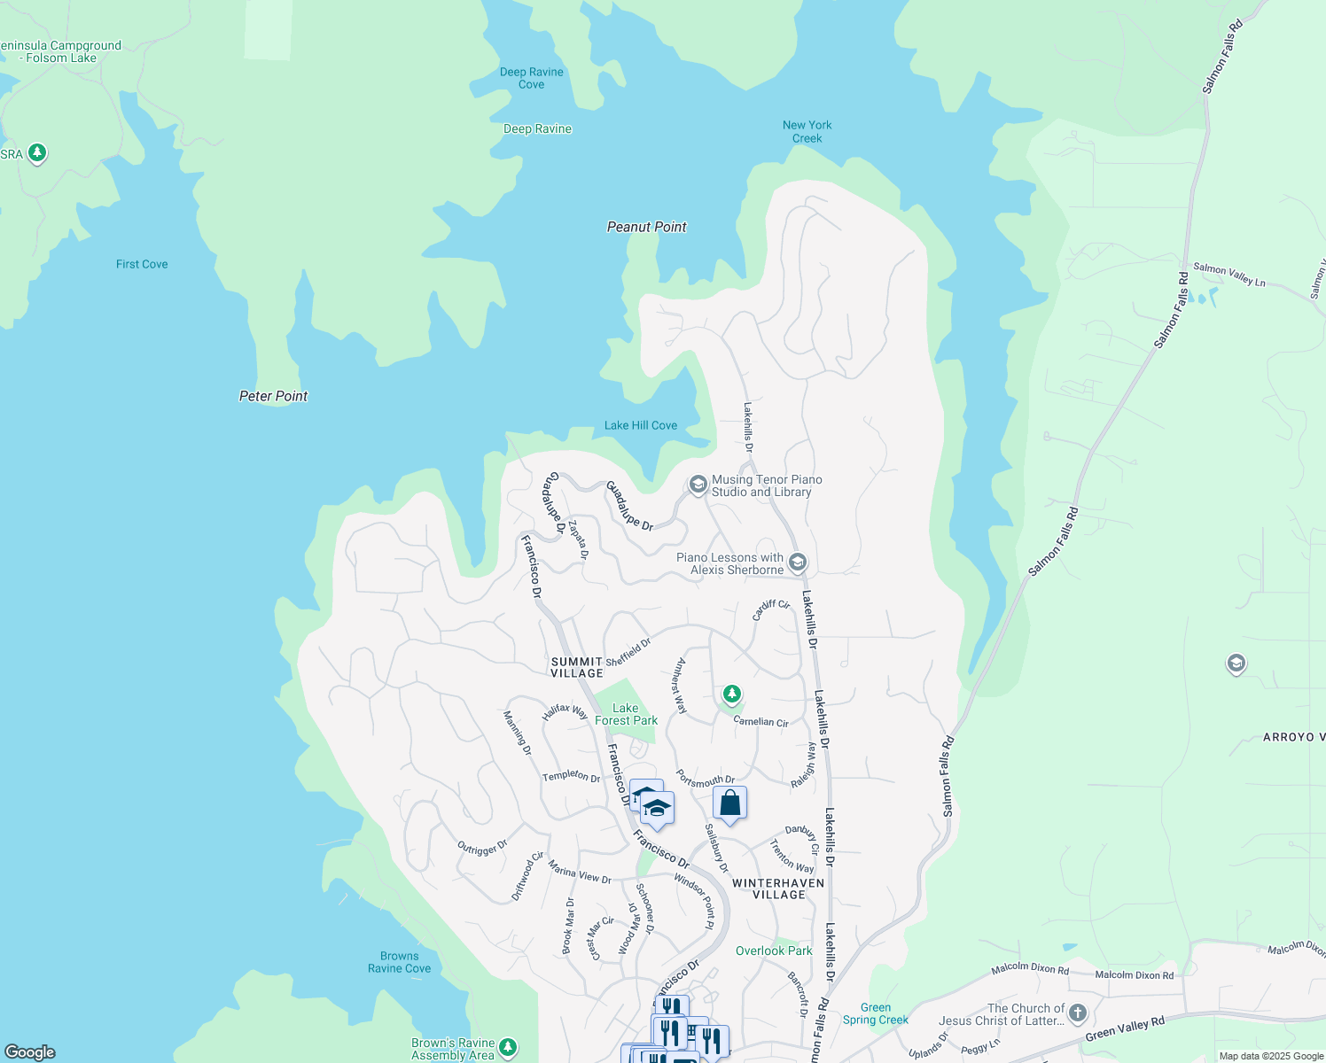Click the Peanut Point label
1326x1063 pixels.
646,227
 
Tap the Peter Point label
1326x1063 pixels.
273,396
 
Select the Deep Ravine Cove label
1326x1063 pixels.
531,78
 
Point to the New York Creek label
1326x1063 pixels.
807,131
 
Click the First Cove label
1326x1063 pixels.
142,264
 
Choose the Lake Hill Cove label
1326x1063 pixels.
640,425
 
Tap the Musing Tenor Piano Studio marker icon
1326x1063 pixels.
698,485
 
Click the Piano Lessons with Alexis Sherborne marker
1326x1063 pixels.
798,563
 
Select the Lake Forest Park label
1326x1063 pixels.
626,714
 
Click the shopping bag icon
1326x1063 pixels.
729,803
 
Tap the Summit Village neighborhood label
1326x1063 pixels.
577,667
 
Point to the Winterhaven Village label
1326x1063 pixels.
778,888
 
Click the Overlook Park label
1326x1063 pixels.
774,950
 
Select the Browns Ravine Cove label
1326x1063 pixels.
399,962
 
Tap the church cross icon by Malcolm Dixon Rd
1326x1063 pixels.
1078,1013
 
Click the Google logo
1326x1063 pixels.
30,1051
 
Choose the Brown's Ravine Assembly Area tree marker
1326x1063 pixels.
508,1047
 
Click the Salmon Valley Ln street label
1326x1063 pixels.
1228,274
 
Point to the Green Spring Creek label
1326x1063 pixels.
875,1013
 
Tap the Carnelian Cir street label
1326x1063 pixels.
760,722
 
